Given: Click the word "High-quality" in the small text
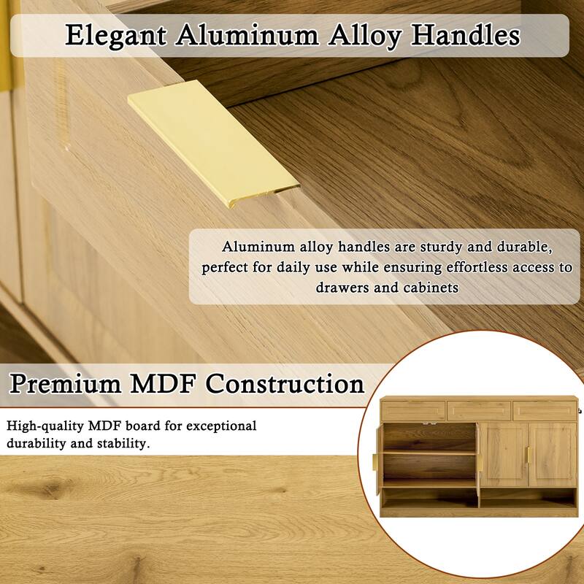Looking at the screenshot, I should click(44, 426).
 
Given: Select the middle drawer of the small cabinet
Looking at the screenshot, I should click(478, 410).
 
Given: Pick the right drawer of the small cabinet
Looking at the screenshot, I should click(542, 410).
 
